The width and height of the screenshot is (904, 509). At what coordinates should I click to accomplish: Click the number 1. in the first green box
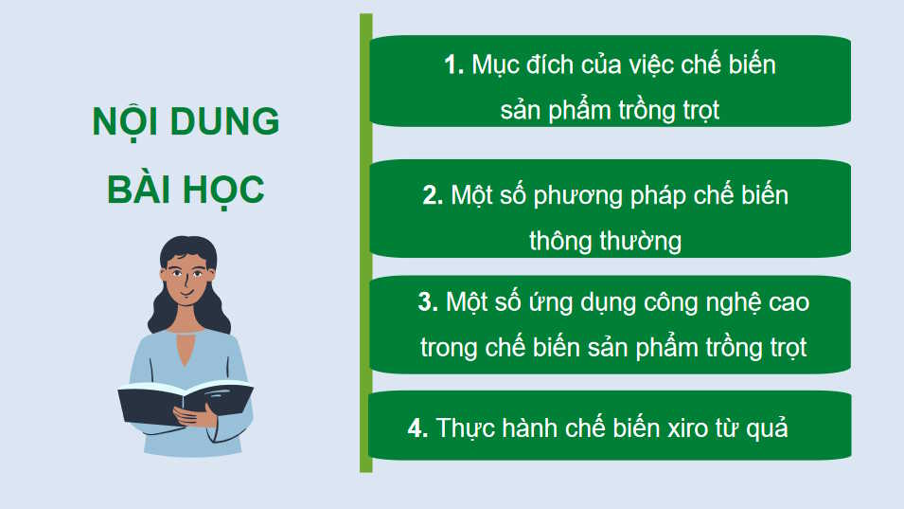(x=454, y=65)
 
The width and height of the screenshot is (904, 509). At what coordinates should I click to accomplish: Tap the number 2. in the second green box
(x=433, y=196)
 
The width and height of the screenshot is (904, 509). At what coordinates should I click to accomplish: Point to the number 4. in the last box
(x=418, y=428)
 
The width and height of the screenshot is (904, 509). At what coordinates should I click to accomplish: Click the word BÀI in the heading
(x=140, y=189)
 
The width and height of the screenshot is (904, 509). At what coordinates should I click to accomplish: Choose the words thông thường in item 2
(x=605, y=241)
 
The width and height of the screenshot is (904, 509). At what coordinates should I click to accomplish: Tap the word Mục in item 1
(x=494, y=65)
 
